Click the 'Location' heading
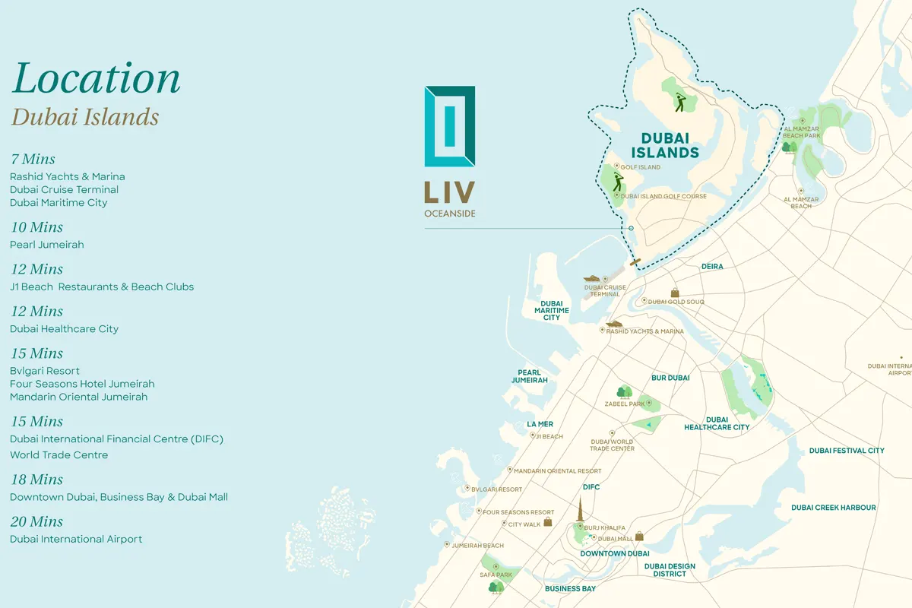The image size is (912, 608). [97, 79]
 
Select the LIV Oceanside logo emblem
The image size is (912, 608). [450, 126]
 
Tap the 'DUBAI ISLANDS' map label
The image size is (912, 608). [665, 145]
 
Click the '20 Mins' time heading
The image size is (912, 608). [36, 521]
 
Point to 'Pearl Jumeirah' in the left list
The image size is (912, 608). [47, 245]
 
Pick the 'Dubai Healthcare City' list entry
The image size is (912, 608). [65, 329]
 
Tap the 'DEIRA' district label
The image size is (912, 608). [712, 267]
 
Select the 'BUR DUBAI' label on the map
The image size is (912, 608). [670, 378]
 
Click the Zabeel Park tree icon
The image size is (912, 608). [624, 392]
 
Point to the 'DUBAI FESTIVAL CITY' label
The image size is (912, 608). [847, 451]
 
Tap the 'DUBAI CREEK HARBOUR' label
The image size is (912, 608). [833, 508]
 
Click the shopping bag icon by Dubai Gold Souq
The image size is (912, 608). [674, 293]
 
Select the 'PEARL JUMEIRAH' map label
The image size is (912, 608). [529, 376]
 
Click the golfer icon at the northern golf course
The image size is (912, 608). [679, 102]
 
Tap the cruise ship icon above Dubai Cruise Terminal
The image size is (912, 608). [594, 279]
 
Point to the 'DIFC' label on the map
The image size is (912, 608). [591, 487]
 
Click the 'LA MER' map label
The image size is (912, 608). [540, 424]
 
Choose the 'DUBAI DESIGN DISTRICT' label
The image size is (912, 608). [670, 570]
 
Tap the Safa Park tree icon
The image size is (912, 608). [496, 586]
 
